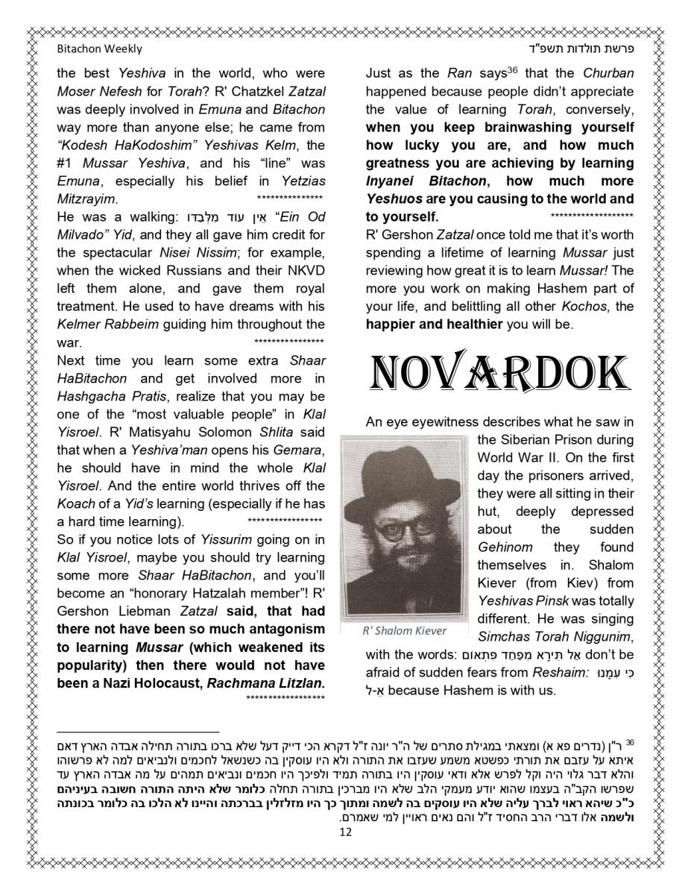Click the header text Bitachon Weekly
(99, 49)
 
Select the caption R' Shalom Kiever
(404, 630)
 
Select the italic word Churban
(608, 74)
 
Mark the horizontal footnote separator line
(138, 732)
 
